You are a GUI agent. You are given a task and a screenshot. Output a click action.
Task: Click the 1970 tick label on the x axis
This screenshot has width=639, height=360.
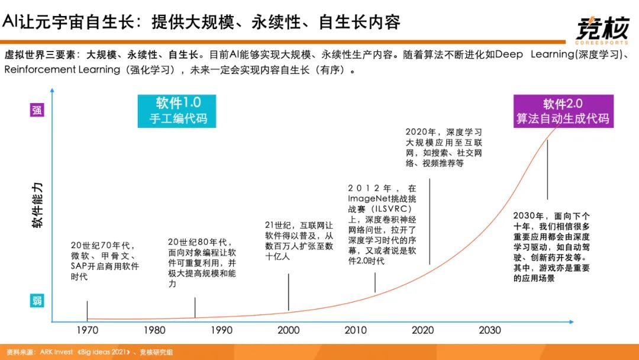pyautogui.click(x=88, y=330)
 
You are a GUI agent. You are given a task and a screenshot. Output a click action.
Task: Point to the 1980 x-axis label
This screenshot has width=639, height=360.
pyautogui.click(x=154, y=330)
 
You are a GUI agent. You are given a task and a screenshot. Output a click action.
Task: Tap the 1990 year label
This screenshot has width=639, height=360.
pyautogui.click(x=222, y=330)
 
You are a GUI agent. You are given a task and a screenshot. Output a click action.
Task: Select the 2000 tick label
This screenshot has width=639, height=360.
pyautogui.click(x=289, y=330)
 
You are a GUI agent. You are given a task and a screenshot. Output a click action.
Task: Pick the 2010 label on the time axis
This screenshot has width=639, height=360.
pyautogui.click(x=356, y=330)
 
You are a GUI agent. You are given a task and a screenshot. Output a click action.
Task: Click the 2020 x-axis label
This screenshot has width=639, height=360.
pyautogui.click(x=423, y=330)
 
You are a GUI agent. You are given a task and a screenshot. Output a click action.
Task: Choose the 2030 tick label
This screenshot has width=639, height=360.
pyautogui.click(x=490, y=330)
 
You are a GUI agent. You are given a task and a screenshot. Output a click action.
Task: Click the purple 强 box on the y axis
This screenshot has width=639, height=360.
pyautogui.click(x=37, y=110)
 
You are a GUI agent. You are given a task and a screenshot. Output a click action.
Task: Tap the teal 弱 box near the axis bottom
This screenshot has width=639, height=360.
pyautogui.click(x=37, y=301)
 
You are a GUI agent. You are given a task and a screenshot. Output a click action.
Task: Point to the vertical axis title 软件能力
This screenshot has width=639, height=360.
pyautogui.click(x=37, y=205)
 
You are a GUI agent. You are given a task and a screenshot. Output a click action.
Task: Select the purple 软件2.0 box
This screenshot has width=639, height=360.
pyautogui.click(x=563, y=111)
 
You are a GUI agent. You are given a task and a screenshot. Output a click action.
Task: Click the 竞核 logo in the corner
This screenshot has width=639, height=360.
pyautogui.click(x=603, y=28)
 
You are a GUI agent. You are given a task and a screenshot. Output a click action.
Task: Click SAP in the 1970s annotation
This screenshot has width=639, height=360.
pyautogui.click(x=79, y=266)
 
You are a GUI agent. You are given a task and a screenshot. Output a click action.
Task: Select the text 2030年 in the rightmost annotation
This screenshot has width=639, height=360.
pyautogui.click(x=528, y=216)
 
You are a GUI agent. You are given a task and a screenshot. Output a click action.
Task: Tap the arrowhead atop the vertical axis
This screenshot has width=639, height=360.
pyautogui.click(x=52, y=91)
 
